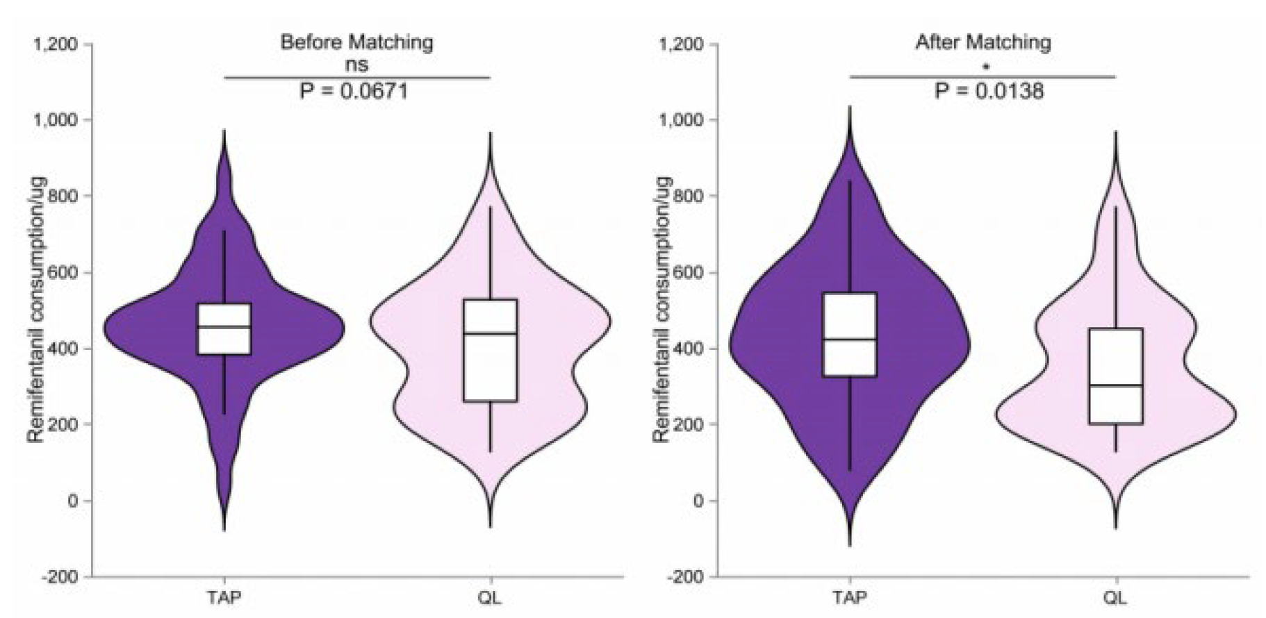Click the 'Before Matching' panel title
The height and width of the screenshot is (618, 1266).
pos(356,42)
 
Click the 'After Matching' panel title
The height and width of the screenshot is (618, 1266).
pos(983,42)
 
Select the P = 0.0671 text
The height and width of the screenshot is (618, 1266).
pos(354,91)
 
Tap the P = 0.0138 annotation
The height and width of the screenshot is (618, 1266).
pos(989,91)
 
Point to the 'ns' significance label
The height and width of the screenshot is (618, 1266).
pos(356,65)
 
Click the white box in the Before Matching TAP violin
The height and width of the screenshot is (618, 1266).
pos(224,340)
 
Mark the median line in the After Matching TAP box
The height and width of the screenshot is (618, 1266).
pos(850,340)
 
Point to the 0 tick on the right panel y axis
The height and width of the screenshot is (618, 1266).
pos(698,501)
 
